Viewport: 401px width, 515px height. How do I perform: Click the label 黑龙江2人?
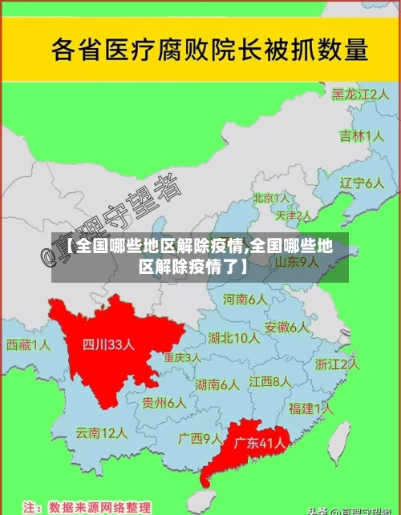click(361, 94)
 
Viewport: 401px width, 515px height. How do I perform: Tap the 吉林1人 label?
click(362, 136)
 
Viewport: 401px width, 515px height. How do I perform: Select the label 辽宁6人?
click(362, 183)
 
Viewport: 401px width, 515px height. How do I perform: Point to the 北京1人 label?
click(271, 197)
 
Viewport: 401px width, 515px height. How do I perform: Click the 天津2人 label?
click(293, 215)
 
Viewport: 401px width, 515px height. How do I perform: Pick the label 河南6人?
click(245, 300)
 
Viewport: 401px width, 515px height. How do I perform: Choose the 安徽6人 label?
click(286, 327)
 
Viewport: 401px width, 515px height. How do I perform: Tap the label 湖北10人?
click(233, 338)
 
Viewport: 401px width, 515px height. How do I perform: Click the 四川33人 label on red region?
click(109, 345)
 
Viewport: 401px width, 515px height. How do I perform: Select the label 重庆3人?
click(181, 357)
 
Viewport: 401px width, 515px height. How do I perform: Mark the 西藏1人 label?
click(28, 345)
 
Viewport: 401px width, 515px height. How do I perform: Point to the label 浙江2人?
click(337, 364)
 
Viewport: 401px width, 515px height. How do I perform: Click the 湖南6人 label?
click(217, 384)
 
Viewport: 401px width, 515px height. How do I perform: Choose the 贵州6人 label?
click(164, 403)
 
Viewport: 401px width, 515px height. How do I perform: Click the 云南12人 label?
click(102, 433)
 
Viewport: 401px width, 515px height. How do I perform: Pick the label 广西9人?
click(200, 438)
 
